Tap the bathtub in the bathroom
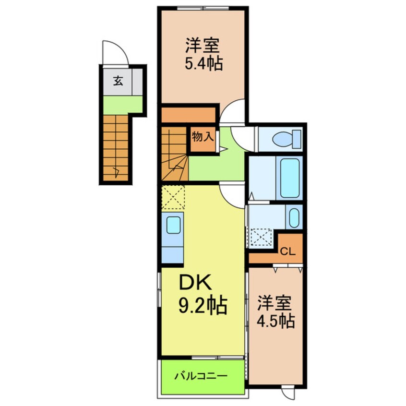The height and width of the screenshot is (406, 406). [290, 177]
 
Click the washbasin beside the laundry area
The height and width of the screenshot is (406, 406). [294, 217]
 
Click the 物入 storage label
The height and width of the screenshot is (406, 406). [202, 136]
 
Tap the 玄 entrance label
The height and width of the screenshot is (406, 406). [117, 81]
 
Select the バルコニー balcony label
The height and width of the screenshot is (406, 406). [201, 375]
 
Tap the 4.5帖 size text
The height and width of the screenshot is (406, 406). [275, 320]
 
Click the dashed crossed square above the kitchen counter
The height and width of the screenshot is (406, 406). [173, 198]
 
